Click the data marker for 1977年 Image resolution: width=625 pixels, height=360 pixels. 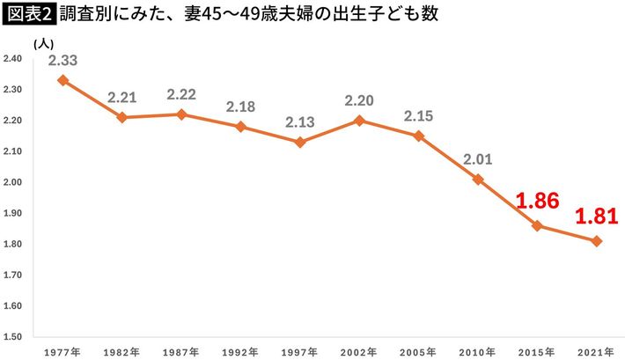pyautogui.click(x=62, y=80)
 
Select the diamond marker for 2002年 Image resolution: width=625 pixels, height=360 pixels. pyautogui.click(x=358, y=120)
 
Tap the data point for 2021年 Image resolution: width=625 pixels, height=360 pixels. pyautogui.click(x=596, y=241)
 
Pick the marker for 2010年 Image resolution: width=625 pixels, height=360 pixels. pyautogui.click(x=477, y=179)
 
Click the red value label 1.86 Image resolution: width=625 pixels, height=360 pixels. pyautogui.click(x=538, y=201)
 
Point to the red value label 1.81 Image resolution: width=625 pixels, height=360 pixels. pyautogui.click(x=598, y=216)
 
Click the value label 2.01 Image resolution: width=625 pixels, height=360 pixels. pyautogui.click(x=478, y=159)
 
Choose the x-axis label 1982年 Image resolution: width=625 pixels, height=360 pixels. pyautogui.click(x=121, y=350)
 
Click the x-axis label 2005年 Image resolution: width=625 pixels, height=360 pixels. pyautogui.click(x=418, y=350)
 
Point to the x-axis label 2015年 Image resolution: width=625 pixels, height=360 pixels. pyautogui.click(x=537, y=350)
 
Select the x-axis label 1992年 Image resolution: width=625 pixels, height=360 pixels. pyautogui.click(x=239, y=350)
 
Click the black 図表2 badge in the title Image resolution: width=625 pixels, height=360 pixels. pyautogui.click(x=29, y=16)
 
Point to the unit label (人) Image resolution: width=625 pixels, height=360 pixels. pyautogui.click(x=41, y=42)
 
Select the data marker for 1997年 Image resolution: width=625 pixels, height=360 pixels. pyautogui.click(x=299, y=142)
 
